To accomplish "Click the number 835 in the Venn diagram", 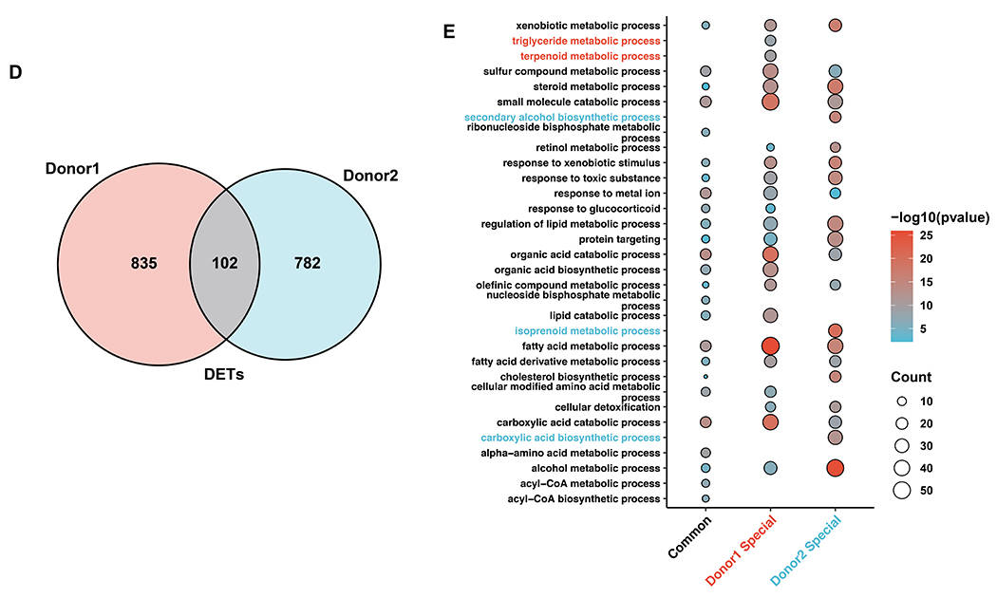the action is click(x=143, y=263).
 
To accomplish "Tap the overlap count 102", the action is click(x=224, y=263).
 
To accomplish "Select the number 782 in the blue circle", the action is click(x=307, y=263).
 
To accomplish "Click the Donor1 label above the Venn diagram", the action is click(x=72, y=169).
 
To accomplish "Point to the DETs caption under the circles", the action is click(x=224, y=374).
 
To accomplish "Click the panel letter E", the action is click(x=449, y=31).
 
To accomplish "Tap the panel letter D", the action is click(x=15, y=72).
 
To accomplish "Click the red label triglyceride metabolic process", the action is click(x=586, y=41).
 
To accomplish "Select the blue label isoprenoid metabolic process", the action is click(x=588, y=331).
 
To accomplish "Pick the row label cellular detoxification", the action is click(x=608, y=407).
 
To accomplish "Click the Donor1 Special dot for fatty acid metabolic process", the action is click(x=770, y=346).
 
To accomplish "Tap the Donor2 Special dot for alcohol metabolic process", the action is click(x=835, y=468).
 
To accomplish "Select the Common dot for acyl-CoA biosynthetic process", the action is click(x=705, y=499).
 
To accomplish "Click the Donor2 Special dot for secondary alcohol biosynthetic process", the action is click(x=835, y=117).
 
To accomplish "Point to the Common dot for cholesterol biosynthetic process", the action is click(x=705, y=377).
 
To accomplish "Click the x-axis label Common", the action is click(x=690, y=536).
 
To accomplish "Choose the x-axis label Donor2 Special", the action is click(x=805, y=551).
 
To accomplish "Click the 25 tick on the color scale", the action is click(x=927, y=235).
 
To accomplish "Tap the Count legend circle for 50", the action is click(x=902, y=491).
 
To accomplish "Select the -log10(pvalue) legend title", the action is click(x=940, y=217).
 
